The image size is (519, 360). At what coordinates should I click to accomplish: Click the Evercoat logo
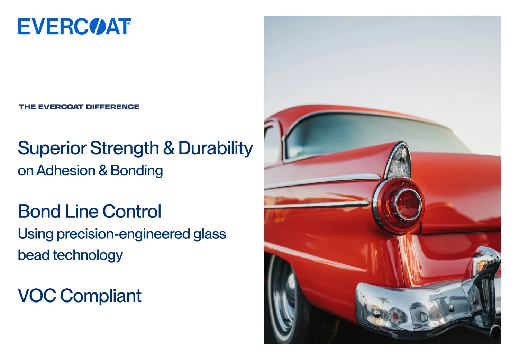[x=75, y=26]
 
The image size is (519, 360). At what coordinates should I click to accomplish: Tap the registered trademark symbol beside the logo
[x=129, y=24]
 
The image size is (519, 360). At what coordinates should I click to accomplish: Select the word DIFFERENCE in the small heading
[x=112, y=107]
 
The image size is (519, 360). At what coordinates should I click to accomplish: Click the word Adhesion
[x=66, y=171]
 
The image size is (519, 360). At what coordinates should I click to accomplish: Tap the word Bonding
[x=137, y=171]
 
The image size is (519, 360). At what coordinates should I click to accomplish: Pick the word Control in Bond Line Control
[x=131, y=211]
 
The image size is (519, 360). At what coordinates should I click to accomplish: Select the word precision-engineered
[x=124, y=234]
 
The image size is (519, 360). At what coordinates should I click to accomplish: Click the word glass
[x=210, y=234]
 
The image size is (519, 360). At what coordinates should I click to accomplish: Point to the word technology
[x=88, y=255]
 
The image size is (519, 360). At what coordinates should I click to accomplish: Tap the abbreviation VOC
[x=37, y=296]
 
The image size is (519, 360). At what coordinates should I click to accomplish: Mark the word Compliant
[x=101, y=296]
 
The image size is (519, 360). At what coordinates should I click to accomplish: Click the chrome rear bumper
[x=429, y=299]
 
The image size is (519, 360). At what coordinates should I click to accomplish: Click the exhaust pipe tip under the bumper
[x=495, y=332]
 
